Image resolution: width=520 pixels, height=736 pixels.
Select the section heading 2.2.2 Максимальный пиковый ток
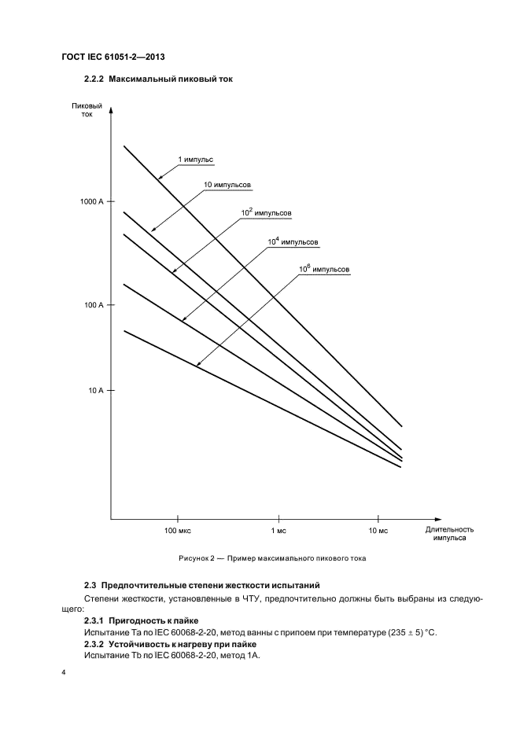pos(158,79)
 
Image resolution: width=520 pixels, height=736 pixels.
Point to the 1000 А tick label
pos(90,202)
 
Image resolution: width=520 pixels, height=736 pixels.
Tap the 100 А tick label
pos(93,304)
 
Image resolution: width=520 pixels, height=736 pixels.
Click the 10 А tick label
pos(95,390)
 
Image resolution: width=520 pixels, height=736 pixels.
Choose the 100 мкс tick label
pos(178,532)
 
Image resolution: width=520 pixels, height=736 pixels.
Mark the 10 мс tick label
pos(378,532)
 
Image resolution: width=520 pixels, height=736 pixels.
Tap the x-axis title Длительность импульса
pos(446,534)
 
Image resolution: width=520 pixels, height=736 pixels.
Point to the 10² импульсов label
pos(266,212)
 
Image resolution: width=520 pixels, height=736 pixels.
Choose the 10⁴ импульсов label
pos(293,241)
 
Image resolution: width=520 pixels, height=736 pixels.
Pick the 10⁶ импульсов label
pos(323,269)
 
